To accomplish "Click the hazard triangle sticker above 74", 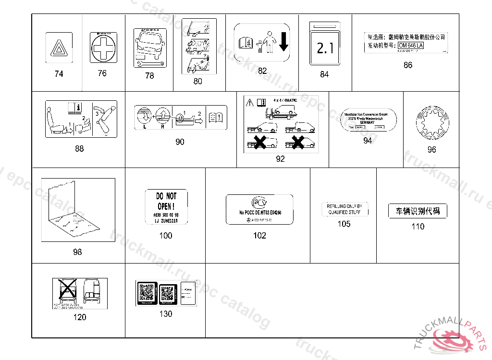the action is click(x=58, y=48).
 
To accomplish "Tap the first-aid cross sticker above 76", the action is click(x=103, y=48).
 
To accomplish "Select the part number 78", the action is click(x=149, y=75).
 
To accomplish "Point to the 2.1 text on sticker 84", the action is click(x=324, y=48).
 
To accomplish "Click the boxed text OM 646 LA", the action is click(x=411, y=45).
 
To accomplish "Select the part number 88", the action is click(x=79, y=148).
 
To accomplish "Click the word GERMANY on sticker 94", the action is click(x=367, y=122).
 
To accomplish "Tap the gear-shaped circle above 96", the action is click(x=431, y=125).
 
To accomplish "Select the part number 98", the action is click(x=77, y=252).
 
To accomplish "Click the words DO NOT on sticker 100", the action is click(x=166, y=196).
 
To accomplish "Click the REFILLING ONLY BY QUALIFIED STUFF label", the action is click(x=344, y=209).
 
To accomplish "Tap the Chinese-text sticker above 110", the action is click(x=418, y=211).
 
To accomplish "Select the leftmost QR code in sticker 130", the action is click(x=146, y=291).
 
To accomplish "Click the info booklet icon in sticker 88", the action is click(x=73, y=107).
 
